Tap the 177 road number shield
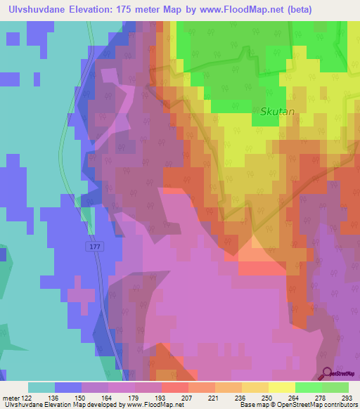(x=96, y=246)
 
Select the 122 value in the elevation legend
(x=26, y=397)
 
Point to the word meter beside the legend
(x=10, y=397)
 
